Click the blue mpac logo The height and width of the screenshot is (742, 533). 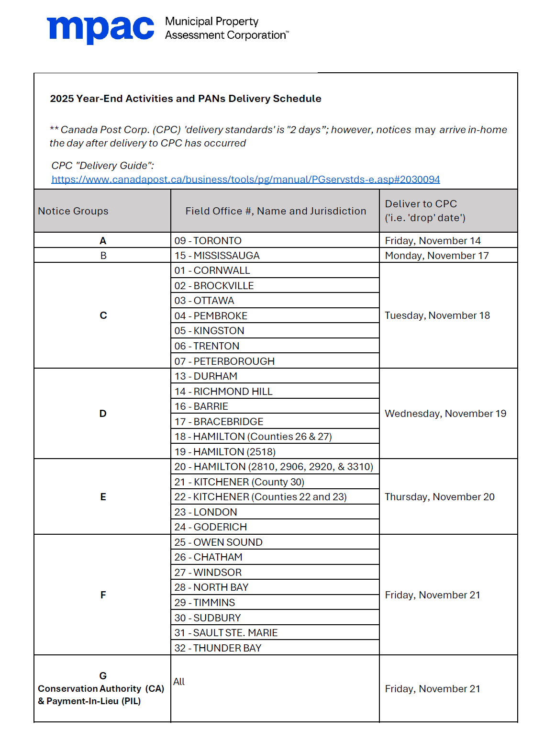tap(100, 29)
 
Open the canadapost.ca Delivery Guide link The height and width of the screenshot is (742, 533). tap(245, 180)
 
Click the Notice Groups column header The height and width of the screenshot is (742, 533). tap(73, 211)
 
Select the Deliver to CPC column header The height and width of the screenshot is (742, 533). tap(425, 211)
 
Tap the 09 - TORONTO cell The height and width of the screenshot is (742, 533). tap(208, 241)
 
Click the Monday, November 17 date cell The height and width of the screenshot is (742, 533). tap(437, 256)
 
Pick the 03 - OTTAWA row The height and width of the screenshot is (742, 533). tap(204, 301)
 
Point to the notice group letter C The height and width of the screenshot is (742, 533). tap(103, 315)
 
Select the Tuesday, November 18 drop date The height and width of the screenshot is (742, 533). tap(437, 315)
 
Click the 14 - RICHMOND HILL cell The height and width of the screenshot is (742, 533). tap(223, 392)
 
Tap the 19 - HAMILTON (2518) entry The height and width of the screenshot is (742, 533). tap(225, 452)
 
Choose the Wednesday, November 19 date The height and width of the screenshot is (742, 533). tap(445, 414)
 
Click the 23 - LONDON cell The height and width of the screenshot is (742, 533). tap(206, 512)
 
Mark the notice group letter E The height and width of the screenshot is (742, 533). tap(103, 497)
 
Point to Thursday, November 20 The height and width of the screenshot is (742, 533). tap(440, 497)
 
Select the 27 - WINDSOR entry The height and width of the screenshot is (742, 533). tap(208, 573)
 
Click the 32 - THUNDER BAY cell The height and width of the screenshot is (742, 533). tap(218, 648)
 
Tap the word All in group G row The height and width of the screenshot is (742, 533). tap(179, 682)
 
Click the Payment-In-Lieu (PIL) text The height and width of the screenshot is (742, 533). tap(89, 701)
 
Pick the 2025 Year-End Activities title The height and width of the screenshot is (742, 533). tap(186, 99)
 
